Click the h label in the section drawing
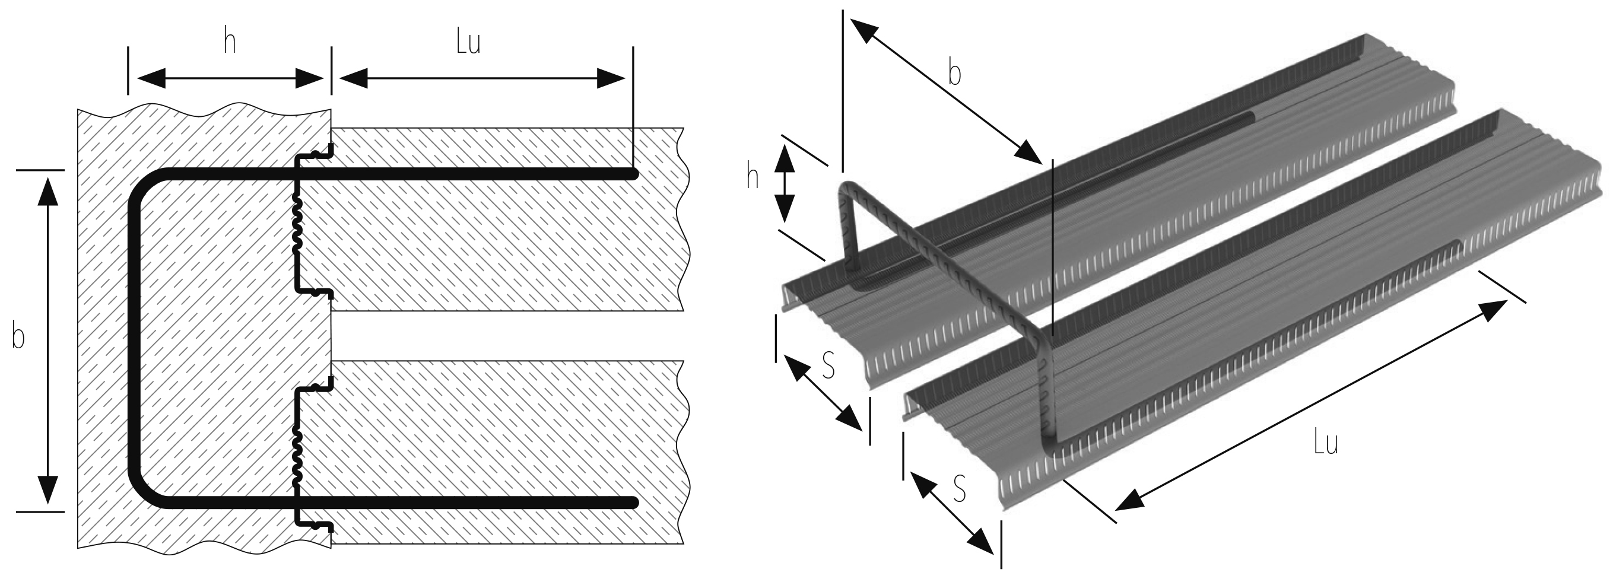(x=230, y=43)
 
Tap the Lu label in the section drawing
(x=468, y=43)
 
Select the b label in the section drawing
(x=19, y=337)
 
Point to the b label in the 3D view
(x=954, y=74)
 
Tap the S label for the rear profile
(x=828, y=365)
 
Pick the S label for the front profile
(x=958, y=488)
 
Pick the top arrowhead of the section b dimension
(x=48, y=190)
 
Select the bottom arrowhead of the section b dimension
(x=48, y=491)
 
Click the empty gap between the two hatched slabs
(x=502, y=336)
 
